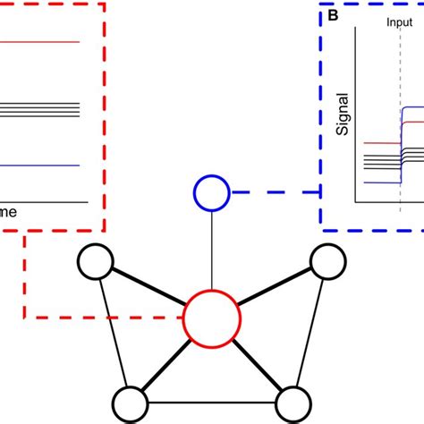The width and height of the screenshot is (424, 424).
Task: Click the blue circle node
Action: tap(209, 191)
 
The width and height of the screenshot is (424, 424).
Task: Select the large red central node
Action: tap(212, 318)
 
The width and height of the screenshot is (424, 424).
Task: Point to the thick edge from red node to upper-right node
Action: tap(273, 289)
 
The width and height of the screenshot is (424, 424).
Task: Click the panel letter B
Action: tap(334, 16)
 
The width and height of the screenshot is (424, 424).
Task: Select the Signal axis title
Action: tap(343, 117)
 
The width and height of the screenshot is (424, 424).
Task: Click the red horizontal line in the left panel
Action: tap(40, 42)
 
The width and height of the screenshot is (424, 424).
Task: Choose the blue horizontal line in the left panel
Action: tap(40, 166)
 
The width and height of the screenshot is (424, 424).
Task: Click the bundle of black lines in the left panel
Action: tap(40, 109)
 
